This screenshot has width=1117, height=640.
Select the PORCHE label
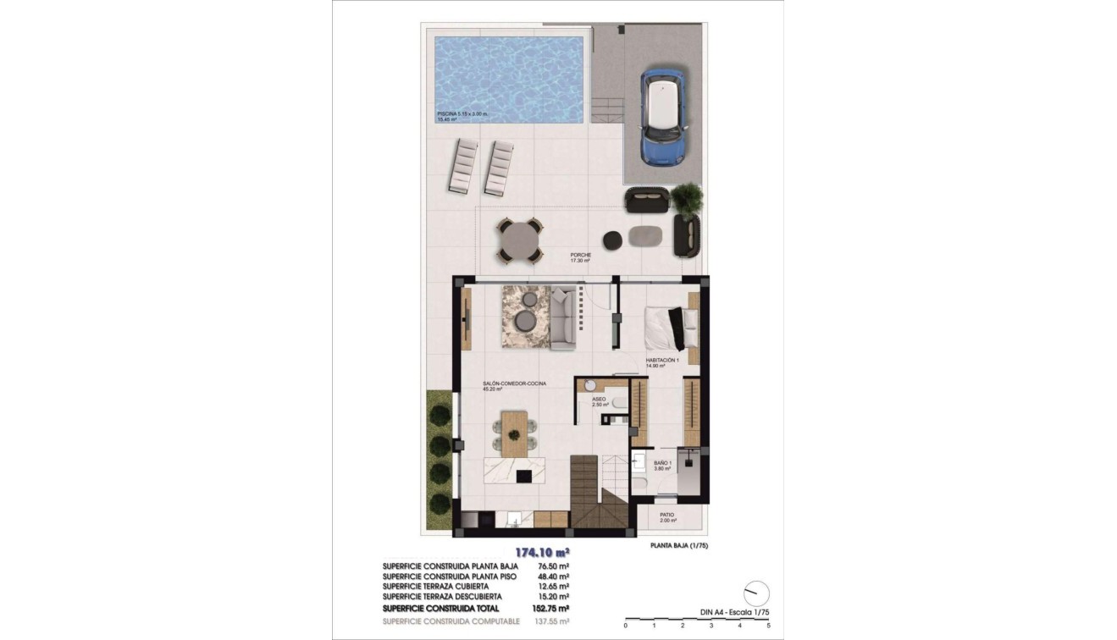(x=580, y=255)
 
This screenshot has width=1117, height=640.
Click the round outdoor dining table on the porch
(x=520, y=241)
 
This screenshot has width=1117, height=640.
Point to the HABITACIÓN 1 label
(x=662, y=361)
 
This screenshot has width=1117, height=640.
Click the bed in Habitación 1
(x=669, y=328)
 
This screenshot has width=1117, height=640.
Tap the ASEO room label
(x=600, y=398)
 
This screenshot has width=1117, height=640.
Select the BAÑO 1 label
(x=662, y=463)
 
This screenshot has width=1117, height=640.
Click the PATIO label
(x=667, y=515)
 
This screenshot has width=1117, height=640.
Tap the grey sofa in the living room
(x=563, y=318)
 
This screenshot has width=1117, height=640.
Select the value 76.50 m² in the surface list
(x=552, y=566)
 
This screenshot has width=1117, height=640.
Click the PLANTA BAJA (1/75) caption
(x=678, y=545)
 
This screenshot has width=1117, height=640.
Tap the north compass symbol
(x=756, y=593)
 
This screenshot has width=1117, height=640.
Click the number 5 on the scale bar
(x=768, y=626)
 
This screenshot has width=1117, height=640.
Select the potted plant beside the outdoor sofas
(x=687, y=197)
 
